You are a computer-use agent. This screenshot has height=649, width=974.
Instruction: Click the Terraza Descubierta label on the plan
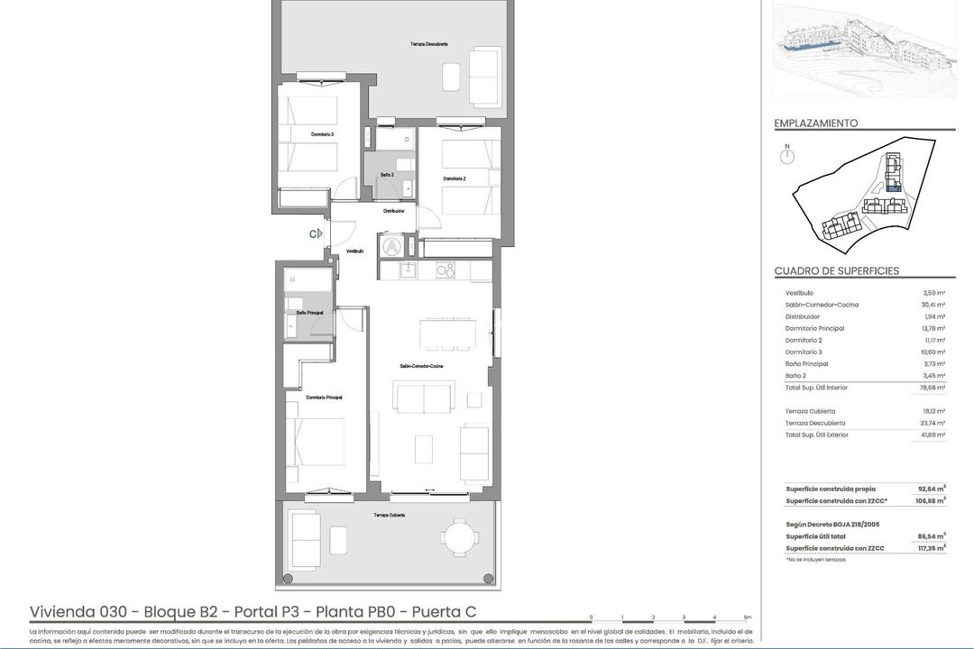point(428,44)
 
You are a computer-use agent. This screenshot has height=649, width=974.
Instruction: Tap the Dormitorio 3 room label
point(322,134)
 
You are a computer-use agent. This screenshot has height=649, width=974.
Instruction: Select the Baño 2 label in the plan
point(386,175)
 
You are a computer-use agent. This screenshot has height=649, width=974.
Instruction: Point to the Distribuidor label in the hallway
point(393,211)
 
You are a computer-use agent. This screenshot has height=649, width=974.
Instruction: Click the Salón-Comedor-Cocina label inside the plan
point(422,366)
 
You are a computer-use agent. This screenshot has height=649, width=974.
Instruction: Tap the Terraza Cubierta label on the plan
point(390,515)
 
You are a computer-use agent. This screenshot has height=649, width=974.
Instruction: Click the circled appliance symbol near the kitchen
point(392,244)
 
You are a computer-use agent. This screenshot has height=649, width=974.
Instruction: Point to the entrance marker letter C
point(313,233)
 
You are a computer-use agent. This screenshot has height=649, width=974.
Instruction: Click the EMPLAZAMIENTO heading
point(815,123)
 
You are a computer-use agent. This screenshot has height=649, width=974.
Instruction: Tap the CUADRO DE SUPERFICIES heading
point(836,271)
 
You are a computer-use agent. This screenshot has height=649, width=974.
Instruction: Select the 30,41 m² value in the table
point(933,305)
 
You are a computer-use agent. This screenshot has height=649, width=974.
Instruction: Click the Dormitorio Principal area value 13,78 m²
point(933,328)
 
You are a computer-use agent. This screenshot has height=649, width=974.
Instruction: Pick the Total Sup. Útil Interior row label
point(816,388)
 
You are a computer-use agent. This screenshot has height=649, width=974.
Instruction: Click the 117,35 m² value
point(932,548)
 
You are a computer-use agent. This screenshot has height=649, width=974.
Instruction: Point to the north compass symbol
point(787,156)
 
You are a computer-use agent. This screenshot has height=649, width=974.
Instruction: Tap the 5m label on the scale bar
point(746,617)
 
